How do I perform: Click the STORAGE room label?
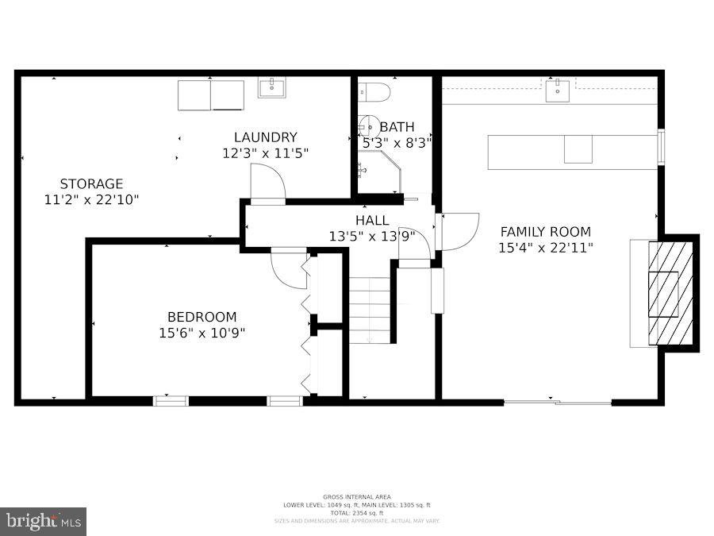tap(91, 183)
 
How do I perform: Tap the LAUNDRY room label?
tap(265, 137)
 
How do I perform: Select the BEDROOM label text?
tap(202, 317)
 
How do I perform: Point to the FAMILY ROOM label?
tap(545, 232)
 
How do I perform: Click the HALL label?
tap(372, 220)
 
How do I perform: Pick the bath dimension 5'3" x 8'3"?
tap(396, 143)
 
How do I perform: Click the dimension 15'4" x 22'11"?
tap(545, 248)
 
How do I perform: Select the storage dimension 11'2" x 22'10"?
tap(91, 199)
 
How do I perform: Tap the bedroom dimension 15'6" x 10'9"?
tap(202, 333)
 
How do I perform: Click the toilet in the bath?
tap(374, 92)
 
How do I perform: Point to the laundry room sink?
tap(272, 87)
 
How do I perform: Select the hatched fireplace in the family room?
tap(670, 292)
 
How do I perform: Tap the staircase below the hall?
tap(370, 310)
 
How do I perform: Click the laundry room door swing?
tap(267, 184)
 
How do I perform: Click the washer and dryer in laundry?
tap(210, 95)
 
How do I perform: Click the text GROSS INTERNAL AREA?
tap(356, 496)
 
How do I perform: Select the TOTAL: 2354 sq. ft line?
tap(356, 513)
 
